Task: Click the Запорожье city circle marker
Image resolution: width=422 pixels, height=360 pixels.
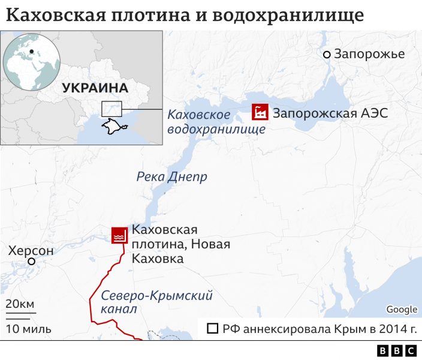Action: (327, 55)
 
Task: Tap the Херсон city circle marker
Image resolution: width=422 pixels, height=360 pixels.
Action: (31, 262)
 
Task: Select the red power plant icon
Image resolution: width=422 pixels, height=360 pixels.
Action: (260, 112)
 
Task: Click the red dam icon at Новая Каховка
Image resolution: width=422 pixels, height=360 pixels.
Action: (119, 236)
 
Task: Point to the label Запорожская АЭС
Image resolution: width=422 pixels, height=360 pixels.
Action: (330, 112)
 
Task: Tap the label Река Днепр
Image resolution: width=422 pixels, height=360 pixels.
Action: (172, 176)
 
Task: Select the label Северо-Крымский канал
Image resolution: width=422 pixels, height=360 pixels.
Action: (156, 302)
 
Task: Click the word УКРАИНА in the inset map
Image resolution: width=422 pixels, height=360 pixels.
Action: (95, 88)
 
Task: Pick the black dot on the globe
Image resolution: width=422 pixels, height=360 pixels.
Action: (31, 52)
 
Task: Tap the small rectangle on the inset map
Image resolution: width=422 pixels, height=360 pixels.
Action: (111, 109)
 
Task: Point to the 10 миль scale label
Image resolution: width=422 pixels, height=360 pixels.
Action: (28, 329)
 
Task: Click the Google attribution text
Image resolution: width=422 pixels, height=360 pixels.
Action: (401, 310)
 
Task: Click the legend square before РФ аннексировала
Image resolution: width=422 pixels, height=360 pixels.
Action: (212, 329)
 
